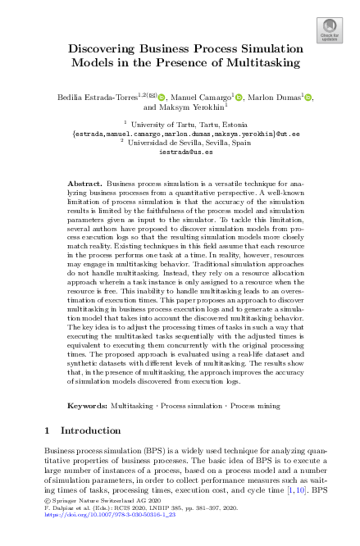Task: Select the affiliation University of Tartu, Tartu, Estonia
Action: [x=181, y=122]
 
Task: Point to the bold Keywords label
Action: [x=86, y=405]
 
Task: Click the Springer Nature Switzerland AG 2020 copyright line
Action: [x=90, y=523]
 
